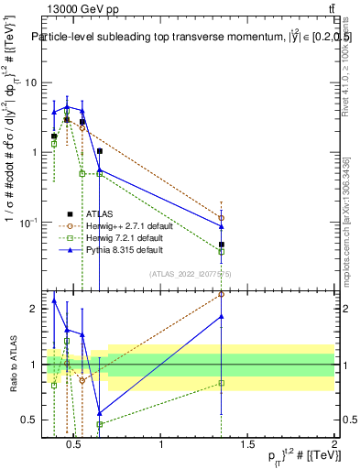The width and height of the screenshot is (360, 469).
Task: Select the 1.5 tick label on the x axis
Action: (x=247, y=445)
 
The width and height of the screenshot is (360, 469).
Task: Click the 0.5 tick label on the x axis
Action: (x=75, y=445)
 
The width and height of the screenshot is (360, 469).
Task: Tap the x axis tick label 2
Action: (x=333, y=445)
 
